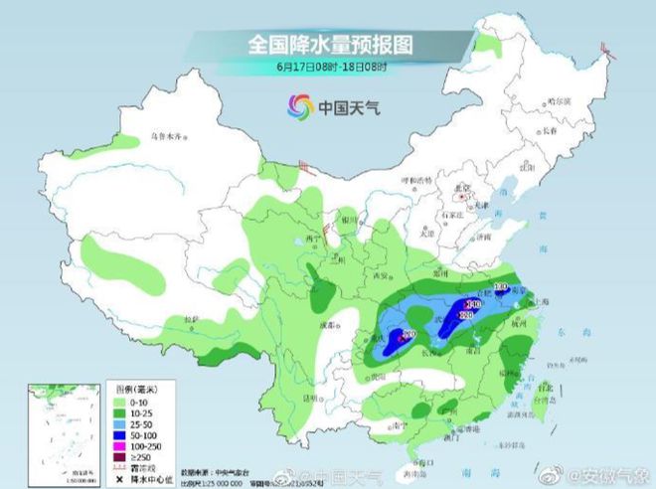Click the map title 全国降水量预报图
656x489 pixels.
329,45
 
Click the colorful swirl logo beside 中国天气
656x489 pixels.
298,104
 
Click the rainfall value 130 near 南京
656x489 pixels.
500,286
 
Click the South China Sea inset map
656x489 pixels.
61,428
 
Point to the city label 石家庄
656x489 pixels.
456,213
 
